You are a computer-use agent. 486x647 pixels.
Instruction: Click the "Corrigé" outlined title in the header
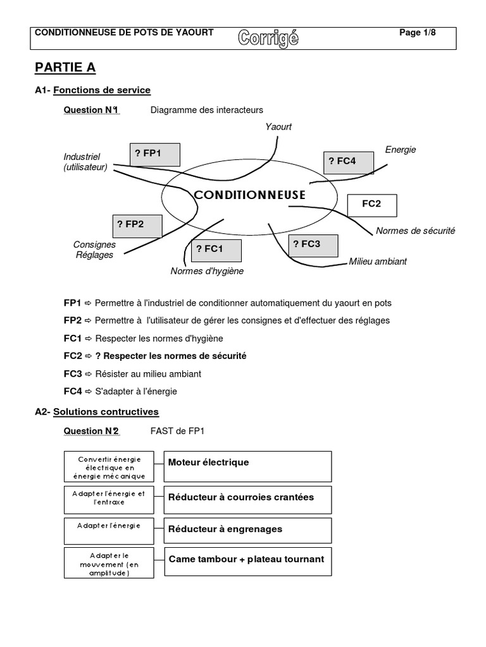tap(268, 38)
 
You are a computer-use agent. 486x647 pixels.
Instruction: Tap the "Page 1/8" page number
tap(418, 33)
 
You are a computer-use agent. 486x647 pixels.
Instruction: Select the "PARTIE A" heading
tap(65, 68)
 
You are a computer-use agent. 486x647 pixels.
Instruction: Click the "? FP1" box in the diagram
tap(154, 154)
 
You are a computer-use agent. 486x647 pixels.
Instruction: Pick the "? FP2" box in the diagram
tap(137, 225)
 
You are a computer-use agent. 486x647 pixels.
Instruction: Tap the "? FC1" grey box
tap(216, 250)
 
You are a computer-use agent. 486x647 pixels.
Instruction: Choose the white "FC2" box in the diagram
tap(372, 205)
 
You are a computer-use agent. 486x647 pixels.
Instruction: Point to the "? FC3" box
tap(313, 245)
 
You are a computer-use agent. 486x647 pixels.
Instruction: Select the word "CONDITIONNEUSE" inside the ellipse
tap(250, 195)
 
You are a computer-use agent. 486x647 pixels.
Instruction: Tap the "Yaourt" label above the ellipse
tap(279, 127)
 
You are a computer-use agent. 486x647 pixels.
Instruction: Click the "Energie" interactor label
tap(401, 150)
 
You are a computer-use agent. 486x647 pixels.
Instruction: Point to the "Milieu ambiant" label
tap(378, 261)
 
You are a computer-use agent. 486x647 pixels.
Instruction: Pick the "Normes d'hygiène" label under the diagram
tap(207, 272)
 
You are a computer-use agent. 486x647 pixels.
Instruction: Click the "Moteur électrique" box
tap(247, 466)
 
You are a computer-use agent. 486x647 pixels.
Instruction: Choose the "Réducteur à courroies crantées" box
tap(247, 500)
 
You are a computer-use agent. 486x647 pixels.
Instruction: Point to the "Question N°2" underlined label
tap(91, 431)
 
